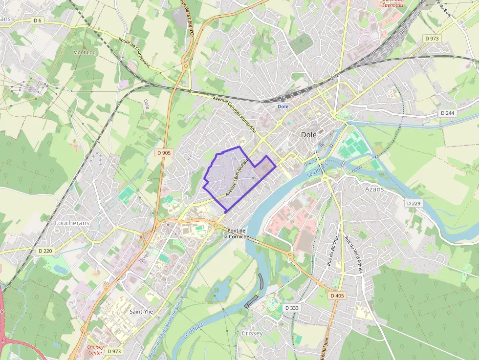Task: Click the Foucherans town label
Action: [x=72, y=223]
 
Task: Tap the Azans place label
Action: [x=375, y=189]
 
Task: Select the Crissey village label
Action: [x=252, y=333]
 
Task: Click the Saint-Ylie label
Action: [x=139, y=311]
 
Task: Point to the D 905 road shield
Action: [x=164, y=153]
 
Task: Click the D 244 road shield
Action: [x=447, y=113]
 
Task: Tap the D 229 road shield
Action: [x=413, y=203]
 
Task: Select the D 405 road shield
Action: [x=337, y=296]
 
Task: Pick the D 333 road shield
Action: [x=291, y=308]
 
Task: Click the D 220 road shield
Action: [x=45, y=251]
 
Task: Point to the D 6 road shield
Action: [x=38, y=20]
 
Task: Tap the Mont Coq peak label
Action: [x=85, y=52]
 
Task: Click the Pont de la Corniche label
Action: [x=237, y=233]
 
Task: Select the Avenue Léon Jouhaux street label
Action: [x=237, y=177]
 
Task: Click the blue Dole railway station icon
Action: [x=283, y=100]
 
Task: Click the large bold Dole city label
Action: [x=308, y=134]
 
